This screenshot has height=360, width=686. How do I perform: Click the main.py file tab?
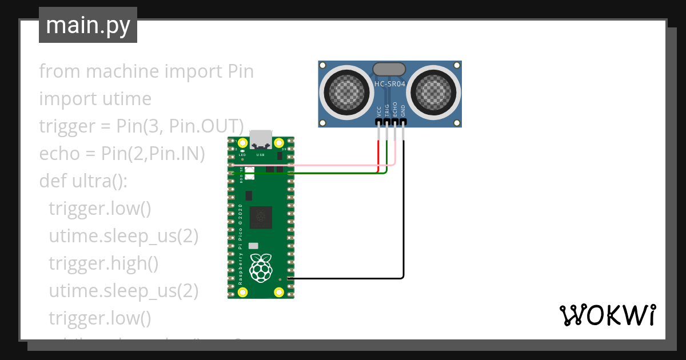pyautogui.click(x=87, y=25)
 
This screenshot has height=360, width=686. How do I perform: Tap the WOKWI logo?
pyautogui.click(x=607, y=315)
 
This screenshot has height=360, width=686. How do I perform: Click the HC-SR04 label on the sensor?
pyautogui.click(x=389, y=85)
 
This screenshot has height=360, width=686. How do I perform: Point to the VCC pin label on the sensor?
pyautogui.click(x=379, y=111)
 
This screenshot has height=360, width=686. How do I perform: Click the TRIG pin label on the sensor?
pyautogui.click(x=387, y=111)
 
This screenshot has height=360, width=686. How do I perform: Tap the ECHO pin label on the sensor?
pyautogui.click(x=395, y=111)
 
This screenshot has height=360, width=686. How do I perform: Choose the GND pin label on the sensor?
pyautogui.click(x=403, y=111)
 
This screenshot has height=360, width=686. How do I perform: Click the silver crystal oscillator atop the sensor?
pyautogui.click(x=389, y=69)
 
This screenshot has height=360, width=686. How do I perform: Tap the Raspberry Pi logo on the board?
pyautogui.click(x=261, y=267)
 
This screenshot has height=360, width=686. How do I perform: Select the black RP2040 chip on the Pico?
pyautogui.click(x=261, y=217)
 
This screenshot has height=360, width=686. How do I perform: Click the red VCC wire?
pyautogui.click(x=378, y=154)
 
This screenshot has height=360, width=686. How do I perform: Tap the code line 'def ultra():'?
pyautogui.click(x=83, y=181)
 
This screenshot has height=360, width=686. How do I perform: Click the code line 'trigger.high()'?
pyautogui.click(x=103, y=263)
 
